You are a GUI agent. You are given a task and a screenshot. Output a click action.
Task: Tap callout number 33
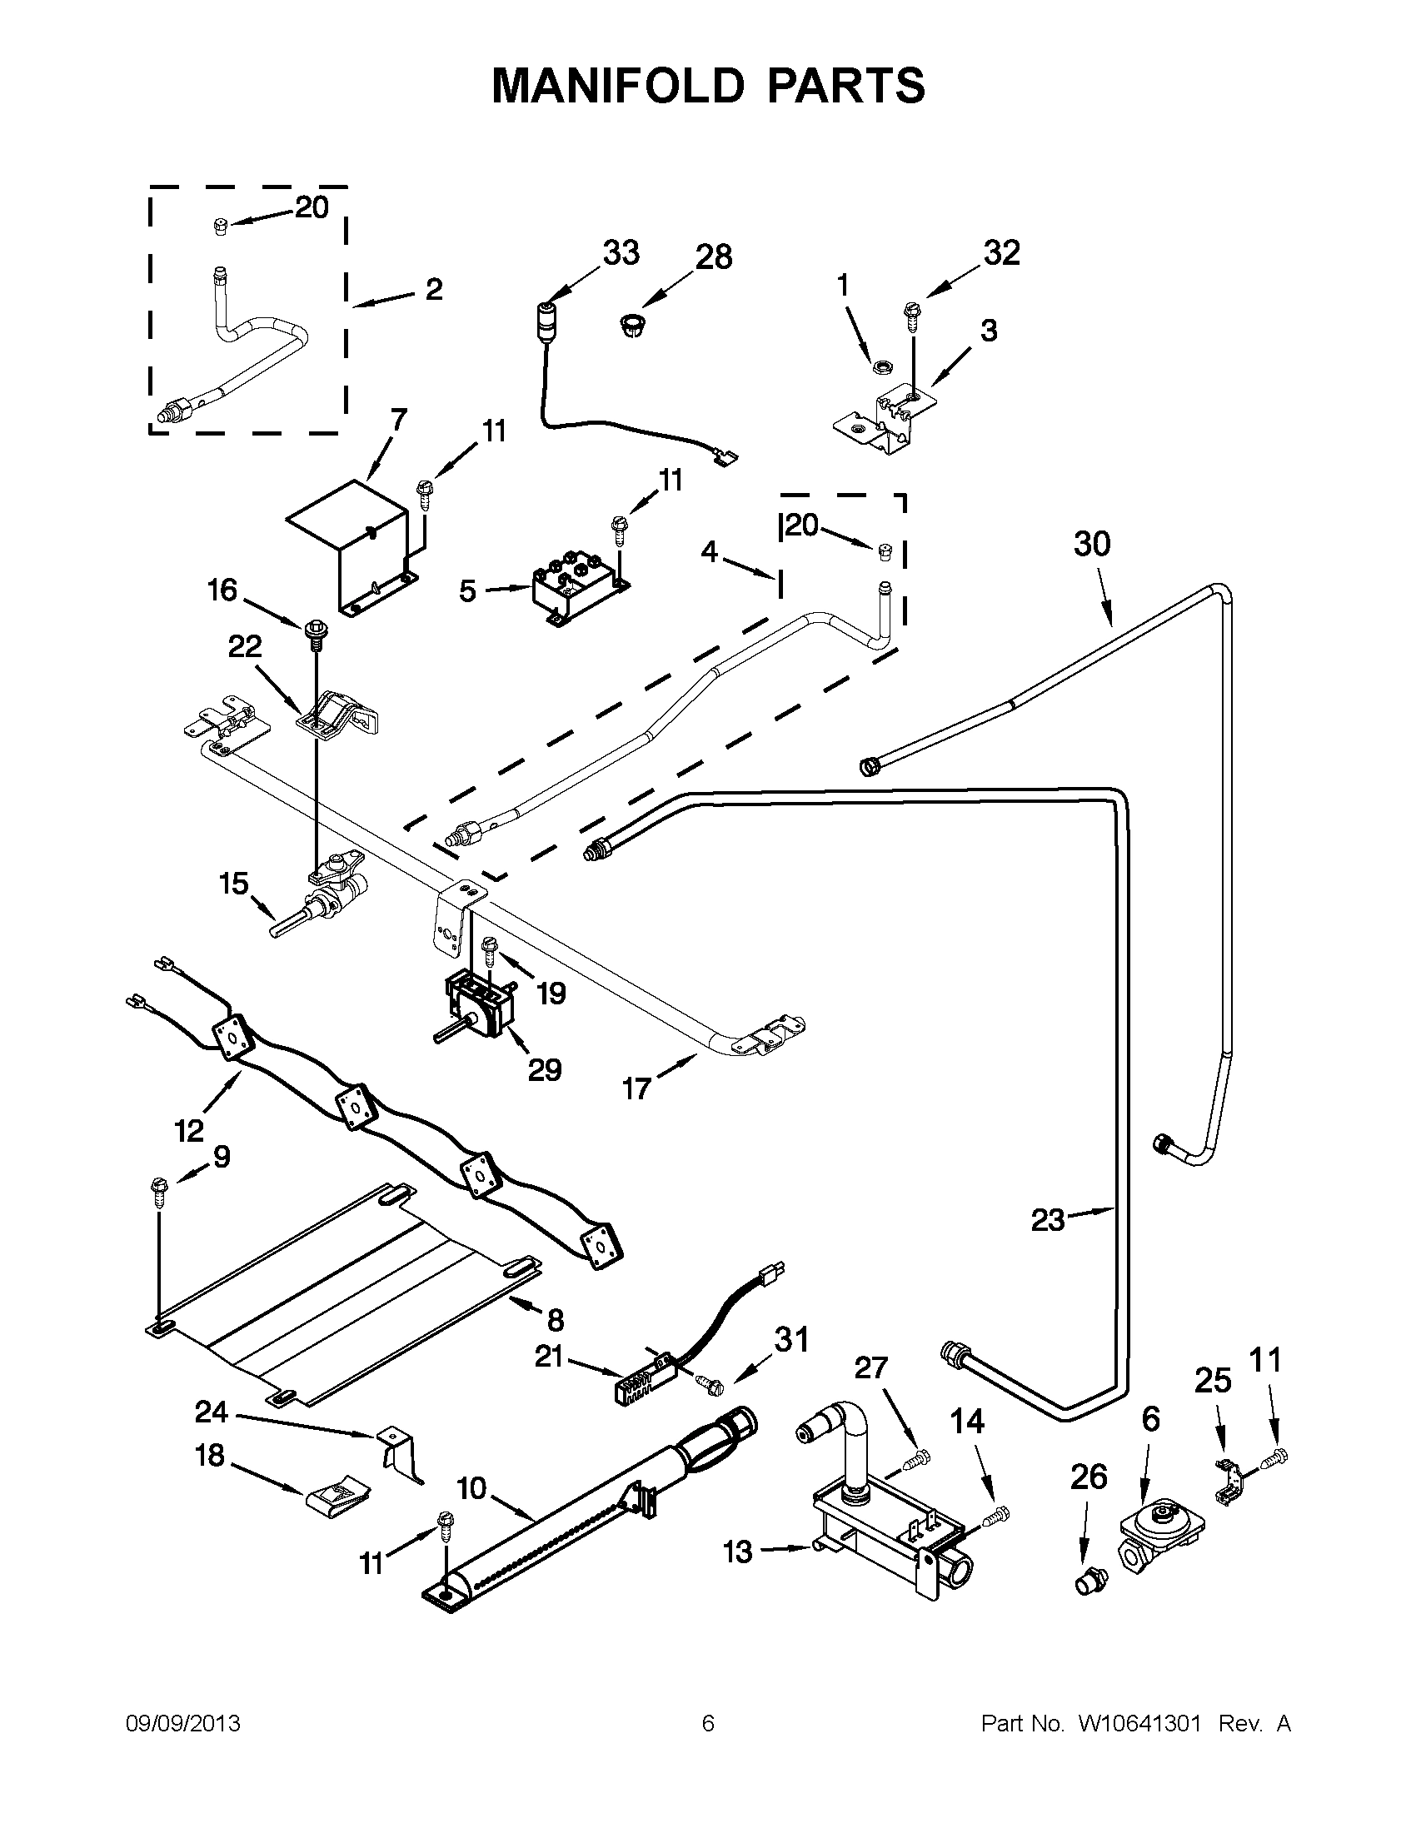(x=621, y=252)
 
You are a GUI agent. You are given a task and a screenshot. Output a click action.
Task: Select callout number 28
(x=714, y=257)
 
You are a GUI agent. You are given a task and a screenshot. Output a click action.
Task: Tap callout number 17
(x=636, y=1089)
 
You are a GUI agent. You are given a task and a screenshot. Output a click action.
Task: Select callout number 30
(x=1091, y=544)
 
